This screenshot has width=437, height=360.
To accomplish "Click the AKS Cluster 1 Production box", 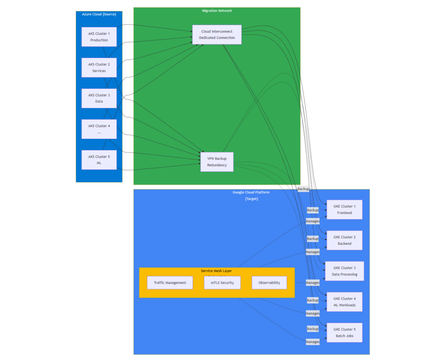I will click(x=99, y=37).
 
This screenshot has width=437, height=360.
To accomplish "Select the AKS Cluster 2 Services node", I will click(x=99, y=67).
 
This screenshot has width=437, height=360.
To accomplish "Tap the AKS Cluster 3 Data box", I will click(x=99, y=98).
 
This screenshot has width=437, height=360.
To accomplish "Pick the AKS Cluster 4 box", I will click(x=99, y=129).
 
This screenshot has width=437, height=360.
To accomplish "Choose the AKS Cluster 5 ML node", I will click(x=99, y=160).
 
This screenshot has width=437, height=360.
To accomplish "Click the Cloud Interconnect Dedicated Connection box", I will click(x=217, y=35).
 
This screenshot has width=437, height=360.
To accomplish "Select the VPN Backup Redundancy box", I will click(x=217, y=162).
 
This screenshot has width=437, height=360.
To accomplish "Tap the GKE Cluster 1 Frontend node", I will click(x=344, y=210).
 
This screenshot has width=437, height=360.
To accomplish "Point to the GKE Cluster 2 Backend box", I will click(x=344, y=240).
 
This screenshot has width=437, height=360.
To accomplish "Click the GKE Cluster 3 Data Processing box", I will click(x=344, y=271).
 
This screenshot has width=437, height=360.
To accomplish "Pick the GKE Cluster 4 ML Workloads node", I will click(x=344, y=302).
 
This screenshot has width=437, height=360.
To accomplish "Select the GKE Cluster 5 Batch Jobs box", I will click(x=344, y=333).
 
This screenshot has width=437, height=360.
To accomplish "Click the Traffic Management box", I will click(x=170, y=283).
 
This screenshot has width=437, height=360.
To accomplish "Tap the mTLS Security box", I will click(x=222, y=283).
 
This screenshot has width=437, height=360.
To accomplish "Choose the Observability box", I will click(x=269, y=283).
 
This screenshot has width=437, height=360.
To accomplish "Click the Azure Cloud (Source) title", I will click(x=99, y=14).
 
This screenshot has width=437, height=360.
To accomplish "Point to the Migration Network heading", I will click(x=217, y=11).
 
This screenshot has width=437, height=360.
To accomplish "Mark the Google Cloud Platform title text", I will click(x=251, y=193).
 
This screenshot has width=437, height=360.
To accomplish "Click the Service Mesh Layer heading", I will click(x=216, y=271).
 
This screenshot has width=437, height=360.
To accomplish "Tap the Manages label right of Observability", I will click(x=313, y=283).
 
